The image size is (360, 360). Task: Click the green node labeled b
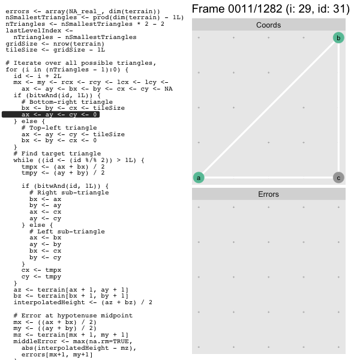[338, 38]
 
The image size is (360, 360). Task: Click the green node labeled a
[199, 178]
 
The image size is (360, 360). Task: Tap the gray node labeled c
[338, 178]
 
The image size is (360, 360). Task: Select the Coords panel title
[268, 25]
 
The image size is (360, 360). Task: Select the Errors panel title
[268, 194]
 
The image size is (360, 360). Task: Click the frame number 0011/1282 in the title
[255, 9]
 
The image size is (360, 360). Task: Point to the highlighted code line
[51, 115]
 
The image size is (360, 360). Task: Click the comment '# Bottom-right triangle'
[67, 102]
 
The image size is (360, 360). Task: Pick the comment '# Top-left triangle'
[59, 128]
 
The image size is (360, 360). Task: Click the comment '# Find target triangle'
[57, 154]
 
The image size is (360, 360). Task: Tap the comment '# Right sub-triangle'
[69, 193]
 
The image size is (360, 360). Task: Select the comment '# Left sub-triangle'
[67, 232]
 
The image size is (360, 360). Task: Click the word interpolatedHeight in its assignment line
[49, 302]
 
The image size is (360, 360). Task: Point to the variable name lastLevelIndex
[34, 31]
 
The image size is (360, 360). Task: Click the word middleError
[35, 341]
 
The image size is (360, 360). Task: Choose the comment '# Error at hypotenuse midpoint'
[73, 316]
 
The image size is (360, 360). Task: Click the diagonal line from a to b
[268, 108]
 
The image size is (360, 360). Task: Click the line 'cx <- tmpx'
[41, 270]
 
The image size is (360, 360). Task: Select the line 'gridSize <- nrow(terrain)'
[55, 44]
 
